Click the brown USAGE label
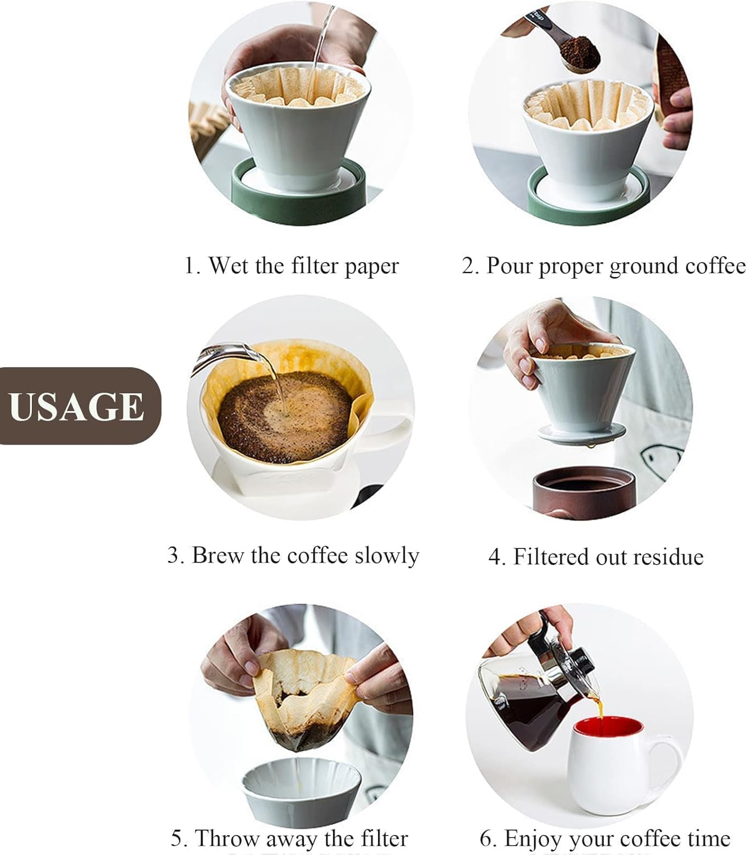[x=77, y=406]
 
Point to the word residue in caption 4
[x=670, y=557]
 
